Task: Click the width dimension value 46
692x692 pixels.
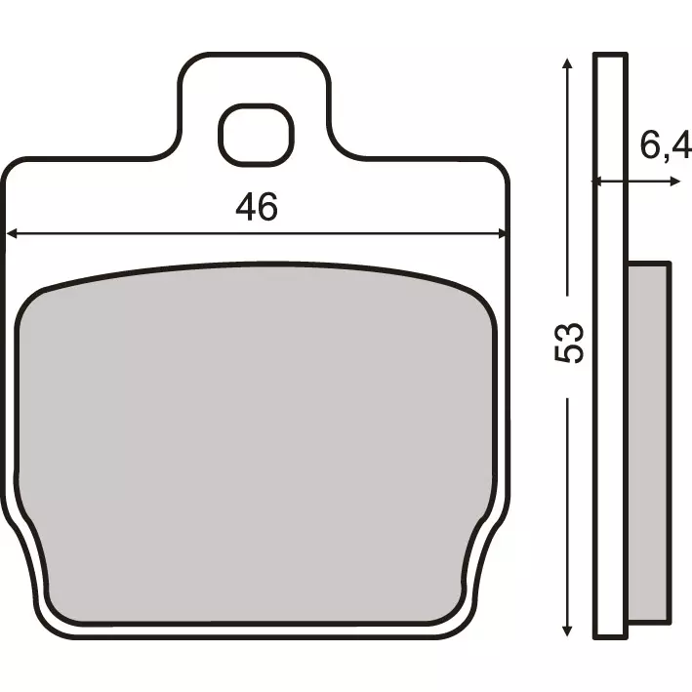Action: tap(257, 207)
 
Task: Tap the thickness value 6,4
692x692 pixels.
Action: tap(666, 148)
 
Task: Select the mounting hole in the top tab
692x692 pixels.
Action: tap(257, 136)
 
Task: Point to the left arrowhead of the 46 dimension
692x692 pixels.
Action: tap(12, 233)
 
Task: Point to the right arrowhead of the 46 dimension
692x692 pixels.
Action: tap(504, 233)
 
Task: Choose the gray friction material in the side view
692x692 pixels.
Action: tap(648, 439)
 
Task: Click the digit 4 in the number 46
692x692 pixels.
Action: tap(245, 207)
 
